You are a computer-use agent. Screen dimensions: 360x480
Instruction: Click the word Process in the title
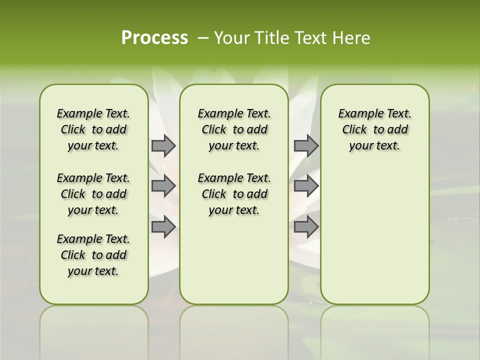click(154, 38)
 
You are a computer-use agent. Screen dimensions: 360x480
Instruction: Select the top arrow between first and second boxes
click(163, 145)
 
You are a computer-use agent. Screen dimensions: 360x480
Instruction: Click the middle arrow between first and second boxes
click(163, 186)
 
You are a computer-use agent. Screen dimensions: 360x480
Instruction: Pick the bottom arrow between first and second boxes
click(163, 226)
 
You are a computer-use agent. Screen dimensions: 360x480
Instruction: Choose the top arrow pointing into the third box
click(306, 145)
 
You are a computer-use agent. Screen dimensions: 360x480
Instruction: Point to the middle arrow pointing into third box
click(306, 186)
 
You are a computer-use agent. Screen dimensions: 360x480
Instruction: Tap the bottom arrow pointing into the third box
click(306, 226)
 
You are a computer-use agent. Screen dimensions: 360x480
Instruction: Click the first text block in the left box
click(93, 129)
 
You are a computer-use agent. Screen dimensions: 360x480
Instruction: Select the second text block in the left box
click(93, 194)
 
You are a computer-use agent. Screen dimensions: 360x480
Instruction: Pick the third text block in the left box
click(93, 255)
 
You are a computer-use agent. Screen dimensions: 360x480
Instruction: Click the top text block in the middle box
click(234, 129)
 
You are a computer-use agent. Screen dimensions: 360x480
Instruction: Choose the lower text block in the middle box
click(234, 194)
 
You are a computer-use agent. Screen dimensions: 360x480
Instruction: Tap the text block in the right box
click(374, 129)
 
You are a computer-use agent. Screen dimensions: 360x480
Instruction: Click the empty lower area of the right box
click(374, 230)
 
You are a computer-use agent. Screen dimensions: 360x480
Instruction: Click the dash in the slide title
click(203, 38)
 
